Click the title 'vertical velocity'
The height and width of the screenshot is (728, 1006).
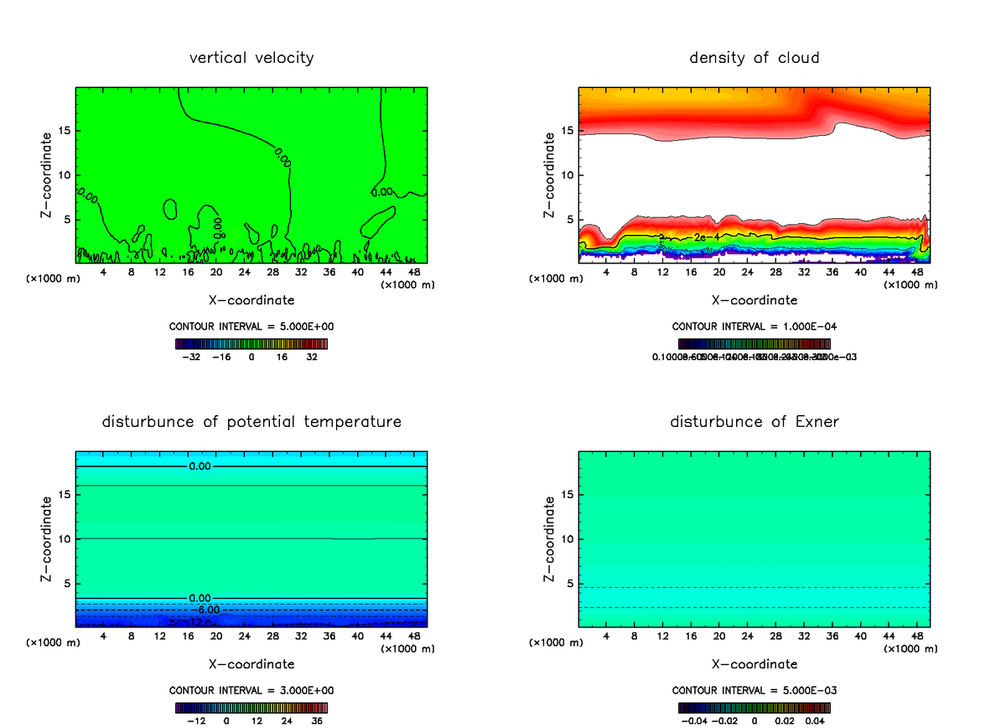tap(251, 58)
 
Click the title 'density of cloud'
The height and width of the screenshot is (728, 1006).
tap(754, 58)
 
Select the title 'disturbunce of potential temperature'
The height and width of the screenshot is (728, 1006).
tap(251, 421)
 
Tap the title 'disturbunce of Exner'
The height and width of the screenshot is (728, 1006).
tap(754, 421)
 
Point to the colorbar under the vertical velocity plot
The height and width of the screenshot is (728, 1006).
tap(251, 344)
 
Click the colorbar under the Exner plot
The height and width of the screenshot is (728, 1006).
tap(754, 707)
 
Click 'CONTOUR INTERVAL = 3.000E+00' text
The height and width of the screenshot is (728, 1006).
tap(251, 690)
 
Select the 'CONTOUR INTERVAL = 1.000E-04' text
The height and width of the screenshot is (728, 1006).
tap(754, 327)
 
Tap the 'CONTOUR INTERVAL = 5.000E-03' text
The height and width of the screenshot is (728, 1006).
tap(754, 690)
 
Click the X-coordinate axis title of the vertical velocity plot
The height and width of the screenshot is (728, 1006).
tap(251, 299)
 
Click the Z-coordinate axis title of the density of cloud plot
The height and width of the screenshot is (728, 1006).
tap(550, 174)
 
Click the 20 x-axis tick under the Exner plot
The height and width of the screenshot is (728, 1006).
tap(719, 637)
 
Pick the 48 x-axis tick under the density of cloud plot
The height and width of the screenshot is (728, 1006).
tap(916, 273)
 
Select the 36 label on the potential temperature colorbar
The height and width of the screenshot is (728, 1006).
tap(316, 720)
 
